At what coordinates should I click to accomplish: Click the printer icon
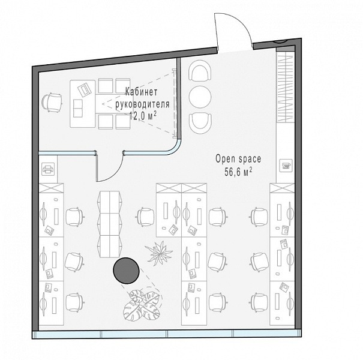pos(48,169)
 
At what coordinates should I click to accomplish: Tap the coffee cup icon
pos(286,166)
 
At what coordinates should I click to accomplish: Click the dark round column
pos(126,271)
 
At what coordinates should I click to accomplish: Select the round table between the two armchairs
pos(200,97)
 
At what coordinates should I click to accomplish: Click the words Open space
pos(238,159)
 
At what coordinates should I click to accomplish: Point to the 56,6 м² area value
pos(238,172)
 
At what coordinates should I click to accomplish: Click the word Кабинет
pos(142,92)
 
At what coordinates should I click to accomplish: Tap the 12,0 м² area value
pos(143,116)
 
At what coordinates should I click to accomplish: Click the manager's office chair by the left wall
pos(52,102)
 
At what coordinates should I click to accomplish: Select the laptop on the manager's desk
pos(83,89)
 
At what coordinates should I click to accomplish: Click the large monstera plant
pos(142,304)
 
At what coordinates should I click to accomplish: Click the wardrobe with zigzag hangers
pos(286,87)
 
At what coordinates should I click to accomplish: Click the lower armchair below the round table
pos(200,124)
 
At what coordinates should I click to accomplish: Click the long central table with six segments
pos(110,224)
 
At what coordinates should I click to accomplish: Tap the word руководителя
pos(142,104)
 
